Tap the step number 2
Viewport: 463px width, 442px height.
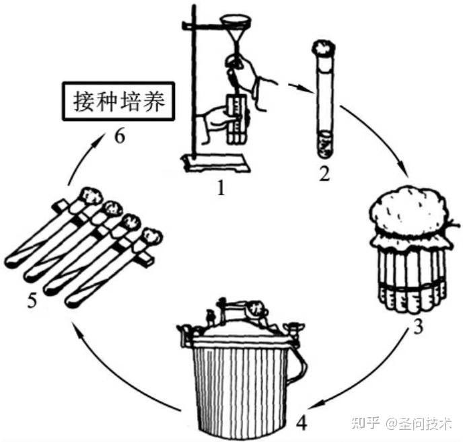(x=324, y=175)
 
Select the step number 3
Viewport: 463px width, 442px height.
(x=417, y=329)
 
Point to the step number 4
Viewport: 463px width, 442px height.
(x=302, y=424)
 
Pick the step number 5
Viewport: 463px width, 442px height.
(x=32, y=300)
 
